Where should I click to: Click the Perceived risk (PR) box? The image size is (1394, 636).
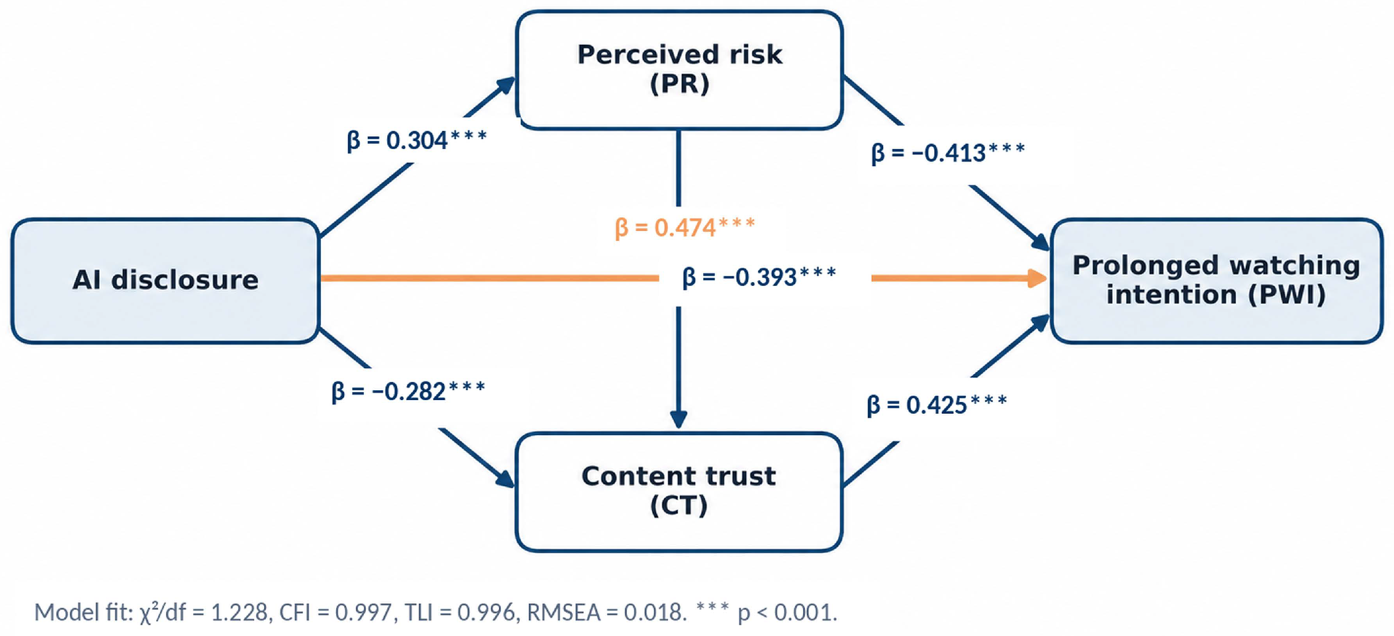tap(679, 70)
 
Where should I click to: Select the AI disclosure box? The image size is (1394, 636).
tap(165, 281)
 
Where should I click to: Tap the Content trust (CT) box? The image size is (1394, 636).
tap(679, 492)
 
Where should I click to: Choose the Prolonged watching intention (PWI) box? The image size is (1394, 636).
tap(1216, 281)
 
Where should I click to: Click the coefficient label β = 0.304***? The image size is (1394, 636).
tap(417, 140)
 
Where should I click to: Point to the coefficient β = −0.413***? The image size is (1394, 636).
tap(948, 153)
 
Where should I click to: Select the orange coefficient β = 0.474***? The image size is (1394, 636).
tap(685, 227)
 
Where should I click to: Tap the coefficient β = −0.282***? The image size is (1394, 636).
tap(408, 391)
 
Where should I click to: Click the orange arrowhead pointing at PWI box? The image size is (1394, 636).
tap(1038, 278)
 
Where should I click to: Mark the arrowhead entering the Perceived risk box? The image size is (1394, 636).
tap(505, 86)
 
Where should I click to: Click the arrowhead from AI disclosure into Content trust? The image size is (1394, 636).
tap(505, 478)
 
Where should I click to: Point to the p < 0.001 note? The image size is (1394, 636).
tap(767, 611)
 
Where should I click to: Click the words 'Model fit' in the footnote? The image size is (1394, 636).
tap(83, 612)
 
